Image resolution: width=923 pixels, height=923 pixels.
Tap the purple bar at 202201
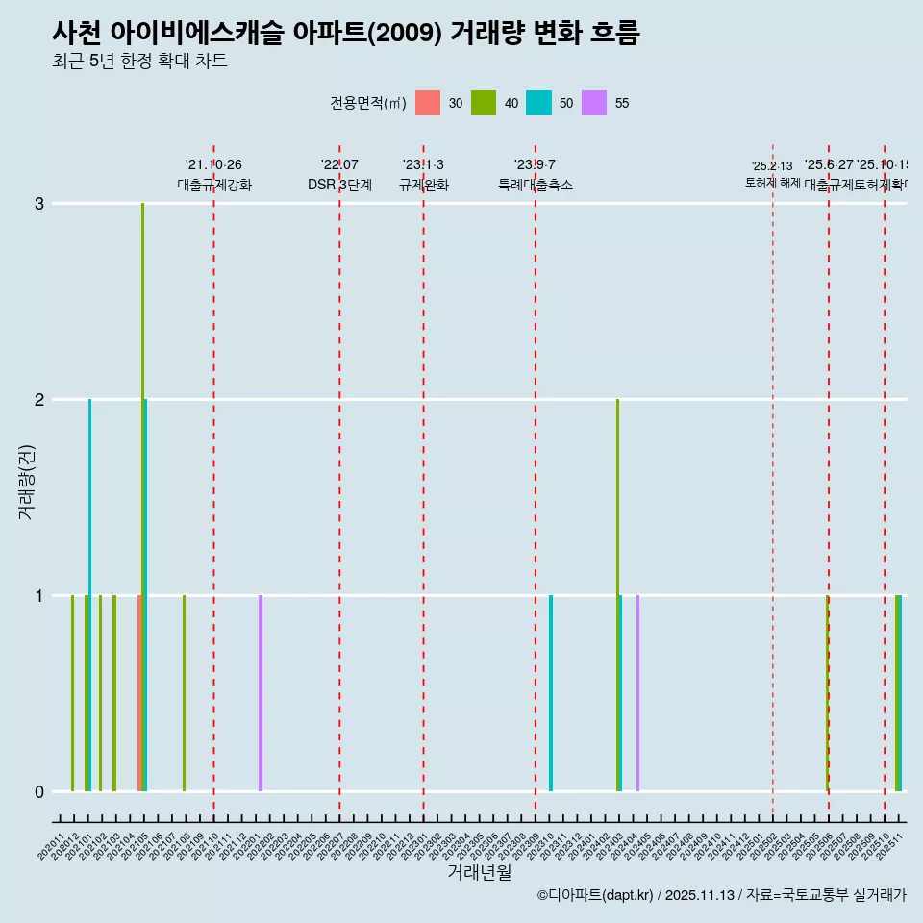(261, 692)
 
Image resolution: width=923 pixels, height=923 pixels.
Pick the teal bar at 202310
(551, 692)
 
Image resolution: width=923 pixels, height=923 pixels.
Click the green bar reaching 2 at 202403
(617, 577)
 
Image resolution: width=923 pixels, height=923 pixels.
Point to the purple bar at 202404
(637, 692)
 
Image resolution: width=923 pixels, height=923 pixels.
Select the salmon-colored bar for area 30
(138, 692)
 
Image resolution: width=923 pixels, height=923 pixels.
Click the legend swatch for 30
(428, 103)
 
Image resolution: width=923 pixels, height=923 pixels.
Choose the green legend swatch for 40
(484, 103)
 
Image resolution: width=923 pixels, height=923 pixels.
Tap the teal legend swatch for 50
(538, 103)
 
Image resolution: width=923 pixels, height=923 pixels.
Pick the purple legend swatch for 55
(594, 103)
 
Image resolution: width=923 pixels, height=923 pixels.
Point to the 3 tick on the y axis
(39, 204)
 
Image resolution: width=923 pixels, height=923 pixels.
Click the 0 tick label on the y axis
(39, 791)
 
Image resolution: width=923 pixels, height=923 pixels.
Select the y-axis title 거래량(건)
(27, 481)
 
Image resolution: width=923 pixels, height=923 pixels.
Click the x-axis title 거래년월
(479, 872)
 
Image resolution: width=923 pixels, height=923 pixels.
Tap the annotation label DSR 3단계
(339, 185)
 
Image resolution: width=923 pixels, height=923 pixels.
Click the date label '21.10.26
(213, 165)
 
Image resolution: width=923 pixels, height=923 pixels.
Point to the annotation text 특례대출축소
(536, 185)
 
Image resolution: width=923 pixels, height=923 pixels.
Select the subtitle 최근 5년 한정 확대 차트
(139, 62)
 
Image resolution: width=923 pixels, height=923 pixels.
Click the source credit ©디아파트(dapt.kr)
(595, 895)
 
